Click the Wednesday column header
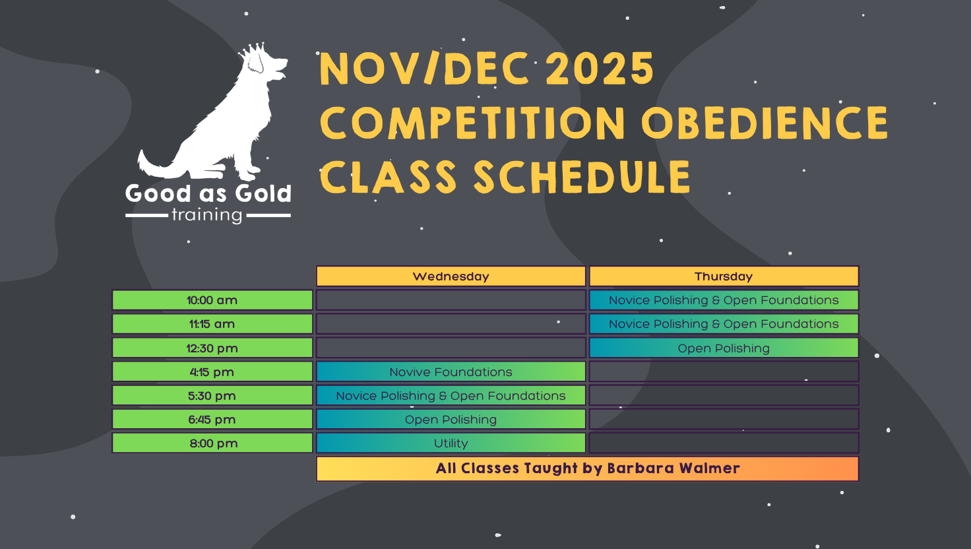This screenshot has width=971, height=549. [451, 276]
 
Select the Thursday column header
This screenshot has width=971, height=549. [724, 276]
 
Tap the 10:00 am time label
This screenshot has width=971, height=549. [212, 300]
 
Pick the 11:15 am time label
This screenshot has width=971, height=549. [212, 324]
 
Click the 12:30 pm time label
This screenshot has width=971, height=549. [212, 348]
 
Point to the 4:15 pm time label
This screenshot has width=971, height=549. [212, 371]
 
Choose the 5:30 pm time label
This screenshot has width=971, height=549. [212, 395]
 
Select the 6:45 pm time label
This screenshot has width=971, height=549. [212, 420]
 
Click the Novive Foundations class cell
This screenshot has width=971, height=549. [451, 371]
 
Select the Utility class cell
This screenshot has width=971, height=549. [451, 443]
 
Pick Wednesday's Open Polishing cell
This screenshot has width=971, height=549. [451, 420]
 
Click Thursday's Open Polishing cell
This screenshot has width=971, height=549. [724, 348]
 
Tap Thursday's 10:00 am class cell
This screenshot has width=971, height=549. [724, 300]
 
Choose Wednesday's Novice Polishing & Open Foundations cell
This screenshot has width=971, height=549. [451, 395]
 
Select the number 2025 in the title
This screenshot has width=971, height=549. [600, 69]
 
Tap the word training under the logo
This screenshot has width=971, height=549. [206, 216]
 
